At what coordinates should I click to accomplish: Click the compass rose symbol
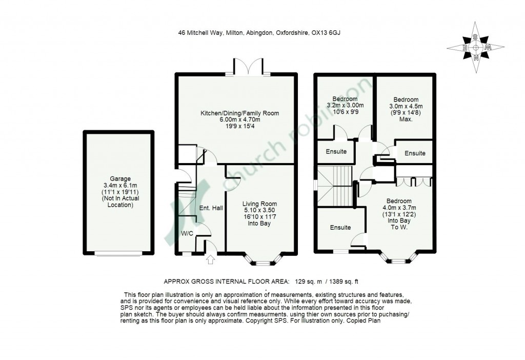point(475,48)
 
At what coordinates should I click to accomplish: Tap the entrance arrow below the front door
point(210,259)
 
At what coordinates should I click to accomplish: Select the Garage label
point(120,179)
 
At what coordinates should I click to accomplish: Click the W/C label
point(188,233)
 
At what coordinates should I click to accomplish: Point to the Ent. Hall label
point(211,208)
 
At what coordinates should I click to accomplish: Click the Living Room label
point(259,204)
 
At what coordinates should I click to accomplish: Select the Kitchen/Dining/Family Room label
point(240,113)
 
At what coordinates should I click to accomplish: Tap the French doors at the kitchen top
point(248,66)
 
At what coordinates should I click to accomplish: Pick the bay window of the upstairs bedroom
point(398,257)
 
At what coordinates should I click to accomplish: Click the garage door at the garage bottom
point(119,253)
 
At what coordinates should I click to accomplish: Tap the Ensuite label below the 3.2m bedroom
point(336,151)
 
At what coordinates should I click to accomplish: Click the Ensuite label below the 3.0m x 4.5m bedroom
point(415,153)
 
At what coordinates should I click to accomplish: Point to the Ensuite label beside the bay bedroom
point(340,227)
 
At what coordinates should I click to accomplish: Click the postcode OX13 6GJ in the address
point(326,33)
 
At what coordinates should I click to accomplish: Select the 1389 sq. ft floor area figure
point(344,282)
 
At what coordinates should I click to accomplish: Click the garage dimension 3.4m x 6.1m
point(120,186)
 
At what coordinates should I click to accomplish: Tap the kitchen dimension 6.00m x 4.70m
point(240,119)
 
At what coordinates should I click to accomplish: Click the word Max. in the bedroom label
point(406,119)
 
